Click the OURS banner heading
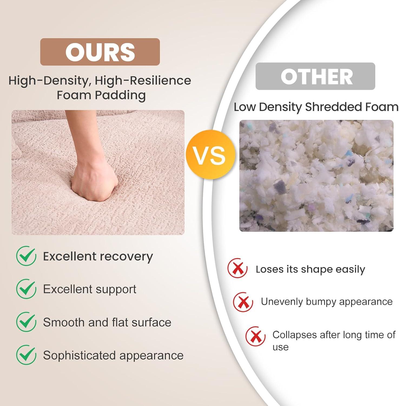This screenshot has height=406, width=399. click(100, 52)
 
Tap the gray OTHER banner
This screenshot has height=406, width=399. click(315, 76)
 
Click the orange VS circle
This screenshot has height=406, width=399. click(210, 155)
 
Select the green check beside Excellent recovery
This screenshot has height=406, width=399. click(26, 256)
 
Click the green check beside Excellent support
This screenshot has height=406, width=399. click(26, 289)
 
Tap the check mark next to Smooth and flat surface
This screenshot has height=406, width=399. click(26, 322)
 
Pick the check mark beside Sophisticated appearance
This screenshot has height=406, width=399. click(26, 355)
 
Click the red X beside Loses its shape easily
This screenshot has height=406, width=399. click(238, 268)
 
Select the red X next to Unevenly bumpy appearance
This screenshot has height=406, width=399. click(243, 302)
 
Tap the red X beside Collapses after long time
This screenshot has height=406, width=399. click(255, 336)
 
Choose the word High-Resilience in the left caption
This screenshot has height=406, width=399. click(143, 81)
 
